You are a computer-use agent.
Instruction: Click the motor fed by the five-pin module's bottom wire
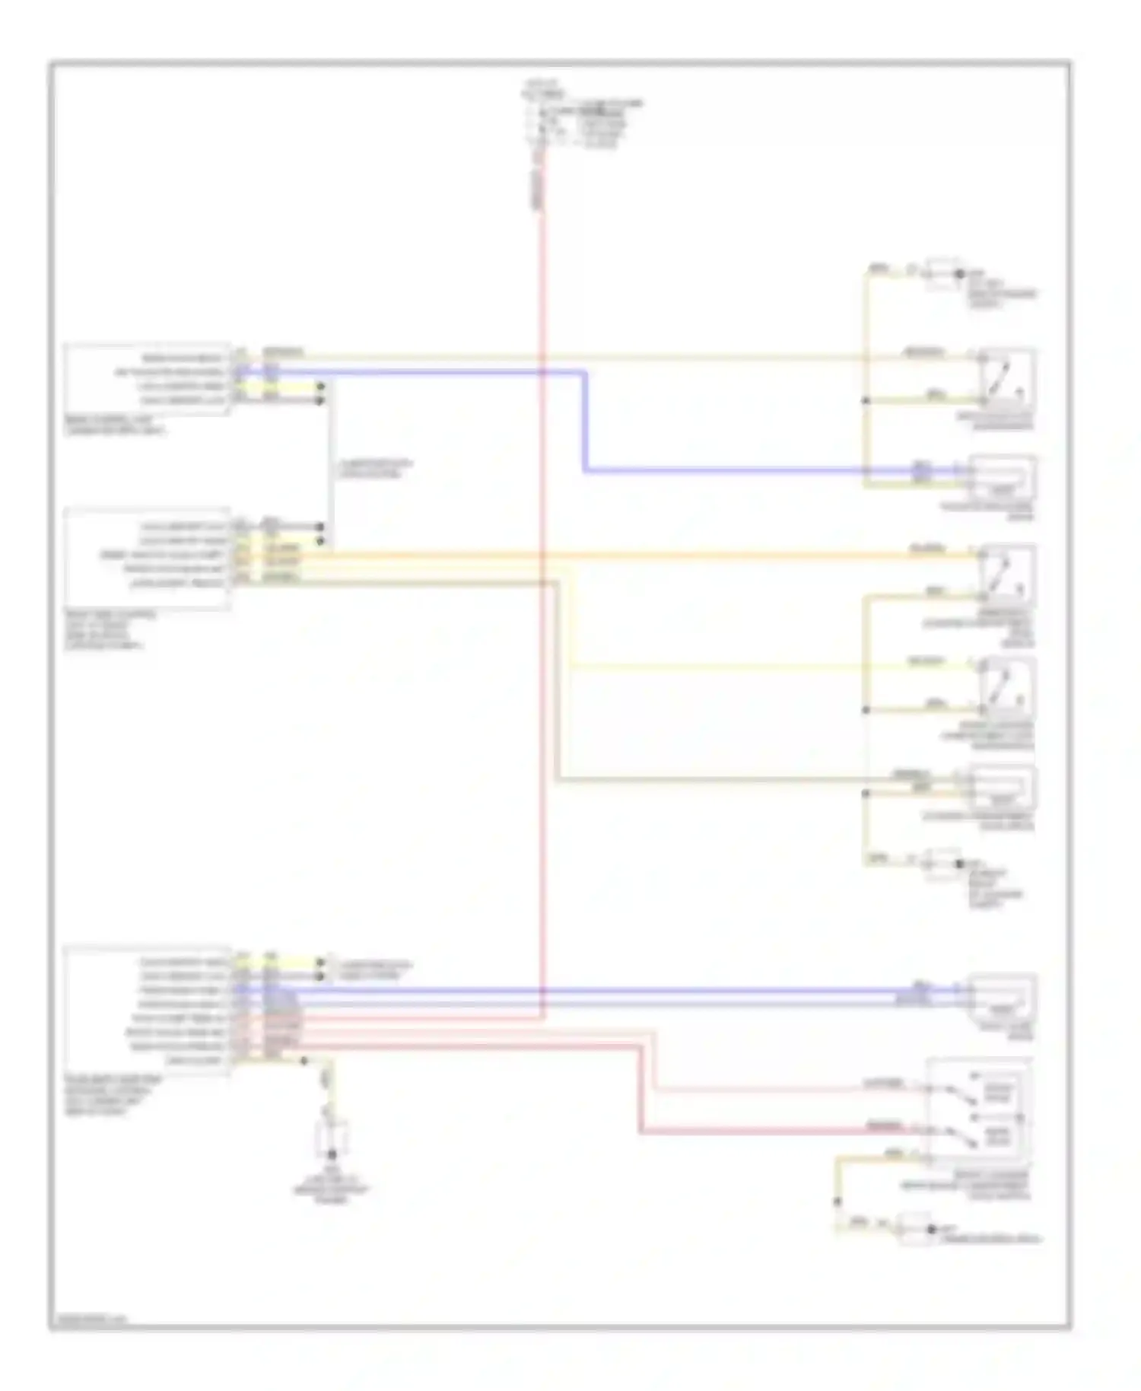pos(1003,788)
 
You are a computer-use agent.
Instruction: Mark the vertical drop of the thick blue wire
pos(586,422)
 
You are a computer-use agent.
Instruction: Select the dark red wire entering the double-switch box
pos(761,1132)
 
